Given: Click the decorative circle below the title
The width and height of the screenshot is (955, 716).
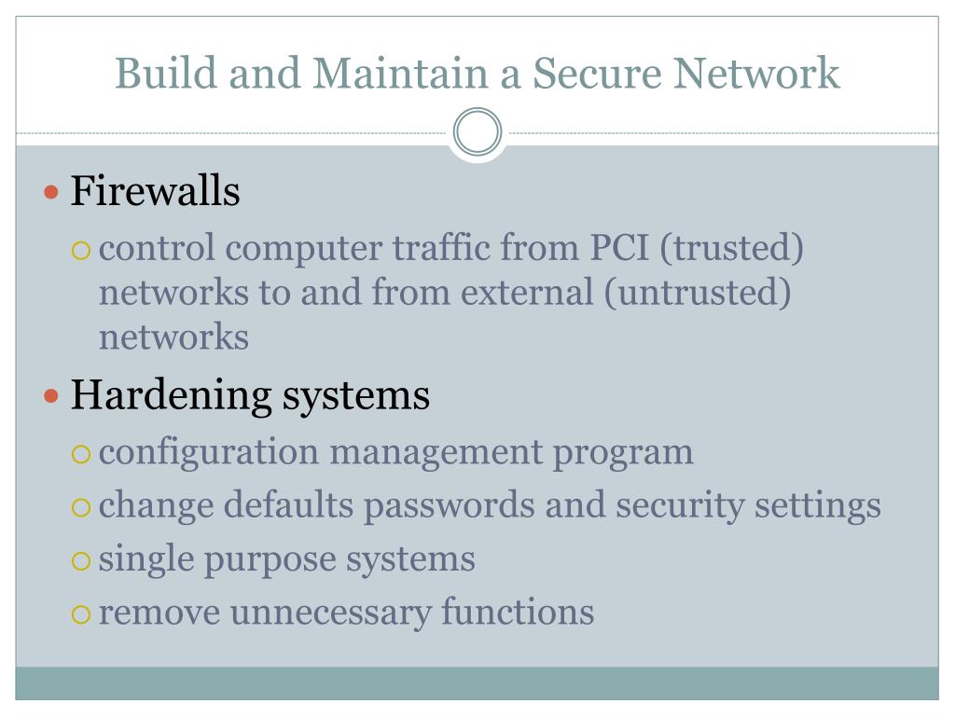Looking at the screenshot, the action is tap(477, 131).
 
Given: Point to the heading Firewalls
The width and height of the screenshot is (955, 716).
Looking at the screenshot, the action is tap(156, 192).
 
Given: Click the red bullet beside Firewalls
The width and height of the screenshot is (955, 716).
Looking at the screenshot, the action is tap(52, 194).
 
